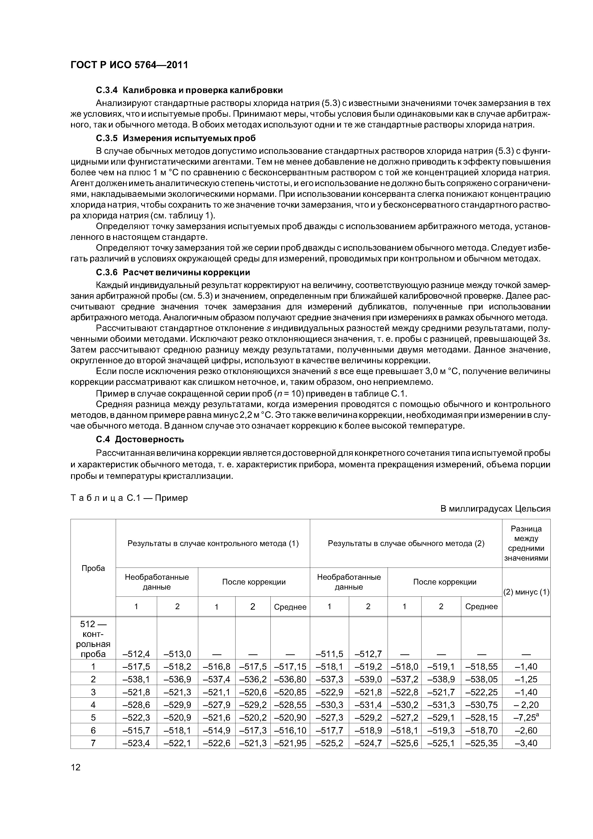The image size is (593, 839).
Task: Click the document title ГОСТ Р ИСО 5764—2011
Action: click(x=129, y=65)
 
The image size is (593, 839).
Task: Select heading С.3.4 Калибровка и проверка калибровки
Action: click(x=189, y=90)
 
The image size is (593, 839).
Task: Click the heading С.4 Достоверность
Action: click(x=140, y=439)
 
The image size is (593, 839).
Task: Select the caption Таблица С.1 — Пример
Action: click(x=129, y=498)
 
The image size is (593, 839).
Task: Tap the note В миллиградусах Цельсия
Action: click(x=495, y=509)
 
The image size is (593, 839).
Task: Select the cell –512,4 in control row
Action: click(x=136, y=654)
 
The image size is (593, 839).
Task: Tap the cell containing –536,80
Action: click(x=290, y=679)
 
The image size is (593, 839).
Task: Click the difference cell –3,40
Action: click(x=526, y=743)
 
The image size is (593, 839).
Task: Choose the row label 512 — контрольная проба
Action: click(x=93, y=638)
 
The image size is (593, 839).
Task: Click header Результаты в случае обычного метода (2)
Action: click(x=406, y=543)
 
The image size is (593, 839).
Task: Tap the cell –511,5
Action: click(x=329, y=654)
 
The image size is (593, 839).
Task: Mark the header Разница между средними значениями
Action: click(x=526, y=543)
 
